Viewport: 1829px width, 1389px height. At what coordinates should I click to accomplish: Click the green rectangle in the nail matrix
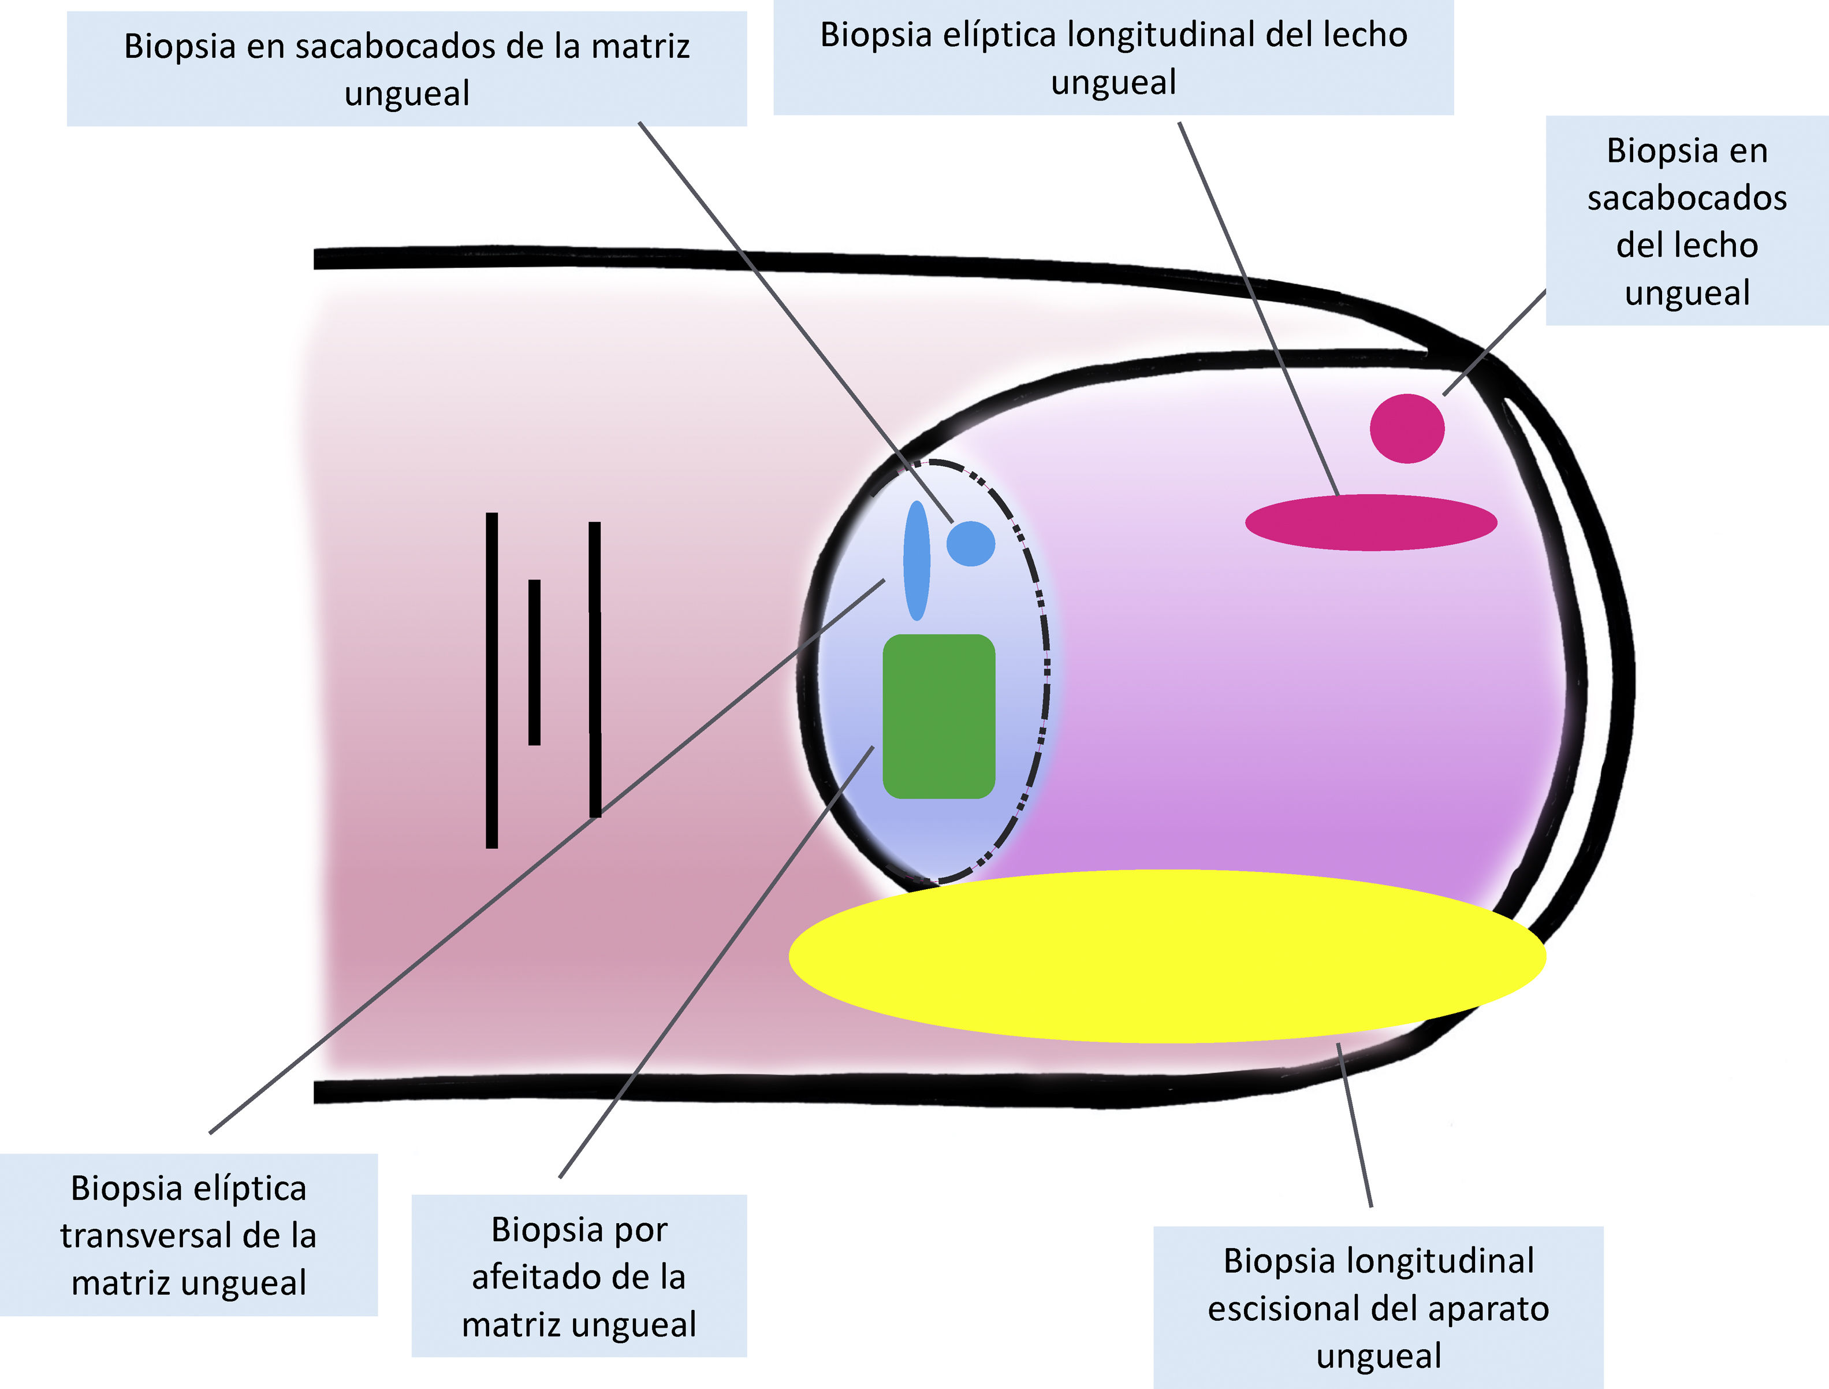938,716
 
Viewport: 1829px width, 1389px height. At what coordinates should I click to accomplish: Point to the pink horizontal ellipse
1371,522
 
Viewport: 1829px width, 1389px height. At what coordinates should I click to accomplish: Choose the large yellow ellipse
1166,956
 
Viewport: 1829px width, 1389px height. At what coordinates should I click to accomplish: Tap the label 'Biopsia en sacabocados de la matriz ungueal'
407,69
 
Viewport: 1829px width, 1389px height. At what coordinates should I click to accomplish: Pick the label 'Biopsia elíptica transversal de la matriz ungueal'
188,1235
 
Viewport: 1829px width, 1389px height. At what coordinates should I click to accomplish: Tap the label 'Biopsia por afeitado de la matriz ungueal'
579,1276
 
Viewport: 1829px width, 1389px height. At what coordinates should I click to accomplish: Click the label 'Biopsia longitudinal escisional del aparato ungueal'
1379,1308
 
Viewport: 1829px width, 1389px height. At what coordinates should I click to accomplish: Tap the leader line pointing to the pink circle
1495,343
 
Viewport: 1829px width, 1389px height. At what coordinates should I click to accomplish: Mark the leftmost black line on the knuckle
492,680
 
